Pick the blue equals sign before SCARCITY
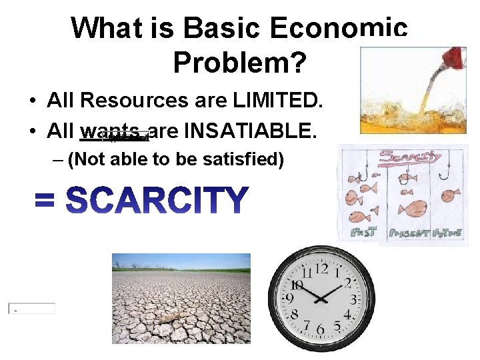tap(47, 201)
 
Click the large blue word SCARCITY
tap(158, 201)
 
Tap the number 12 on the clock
tap(321, 269)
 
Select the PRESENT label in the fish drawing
tap(409, 233)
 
